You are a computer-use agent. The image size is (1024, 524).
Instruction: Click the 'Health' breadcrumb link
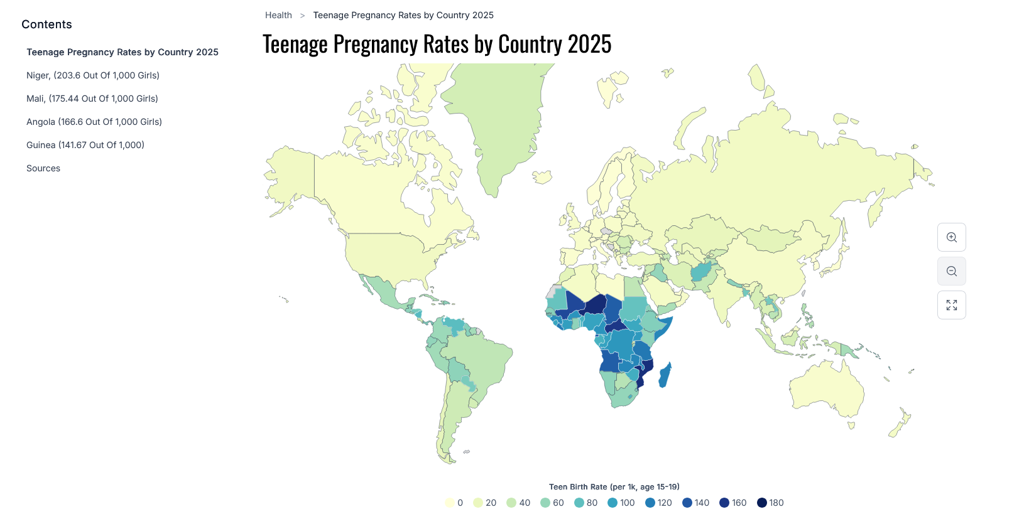278,15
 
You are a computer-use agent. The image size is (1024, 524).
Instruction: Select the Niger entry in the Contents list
93,75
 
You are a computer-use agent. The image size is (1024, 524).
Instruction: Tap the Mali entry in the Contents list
92,99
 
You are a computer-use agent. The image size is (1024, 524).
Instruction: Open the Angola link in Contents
94,122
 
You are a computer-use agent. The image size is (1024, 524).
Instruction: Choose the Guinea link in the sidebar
85,145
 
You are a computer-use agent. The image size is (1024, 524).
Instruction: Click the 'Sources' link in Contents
43,168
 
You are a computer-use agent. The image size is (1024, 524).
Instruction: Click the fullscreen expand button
952,305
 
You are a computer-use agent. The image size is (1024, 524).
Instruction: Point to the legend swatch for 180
762,503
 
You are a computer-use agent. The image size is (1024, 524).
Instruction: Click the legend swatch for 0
450,503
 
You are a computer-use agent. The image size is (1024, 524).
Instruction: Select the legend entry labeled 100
621,503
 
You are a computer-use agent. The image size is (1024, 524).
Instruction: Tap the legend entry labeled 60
552,503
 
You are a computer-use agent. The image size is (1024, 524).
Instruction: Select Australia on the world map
826,389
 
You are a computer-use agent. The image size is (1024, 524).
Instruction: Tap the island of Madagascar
665,375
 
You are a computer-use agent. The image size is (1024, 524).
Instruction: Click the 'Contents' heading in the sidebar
46,24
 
